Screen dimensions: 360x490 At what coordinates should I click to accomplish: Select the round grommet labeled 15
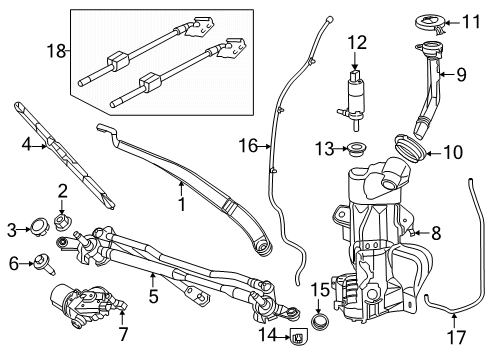tap(321, 323)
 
